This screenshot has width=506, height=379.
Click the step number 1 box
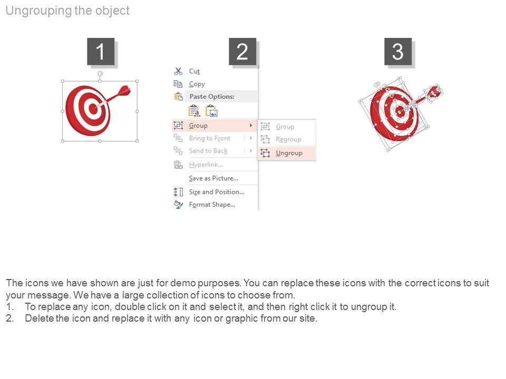tap(101, 52)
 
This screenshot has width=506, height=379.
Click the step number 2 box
tap(242, 52)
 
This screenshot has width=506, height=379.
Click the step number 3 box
tap(398, 52)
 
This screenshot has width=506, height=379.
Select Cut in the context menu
tap(194, 71)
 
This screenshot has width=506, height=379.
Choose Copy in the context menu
tap(197, 84)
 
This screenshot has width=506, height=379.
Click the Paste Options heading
tap(212, 96)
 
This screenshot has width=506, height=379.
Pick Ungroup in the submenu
tap(289, 153)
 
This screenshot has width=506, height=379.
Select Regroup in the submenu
tap(288, 139)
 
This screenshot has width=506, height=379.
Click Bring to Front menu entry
tap(209, 138)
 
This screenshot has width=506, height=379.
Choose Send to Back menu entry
tap(208, 151)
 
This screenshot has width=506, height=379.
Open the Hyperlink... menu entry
tap(206, 165)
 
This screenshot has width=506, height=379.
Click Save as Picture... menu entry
tap(213, 178)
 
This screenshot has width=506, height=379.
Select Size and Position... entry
tap(217, 192)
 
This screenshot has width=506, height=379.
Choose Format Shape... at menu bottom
tap(212, 205)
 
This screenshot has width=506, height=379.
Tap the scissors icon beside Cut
tap(178, 71)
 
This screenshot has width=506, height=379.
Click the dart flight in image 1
tap(124, 91)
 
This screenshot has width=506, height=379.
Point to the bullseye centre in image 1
tap(93, 109)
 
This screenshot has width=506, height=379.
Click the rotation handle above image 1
tap(100, 74)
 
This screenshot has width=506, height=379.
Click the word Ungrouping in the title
tap(38, 11)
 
